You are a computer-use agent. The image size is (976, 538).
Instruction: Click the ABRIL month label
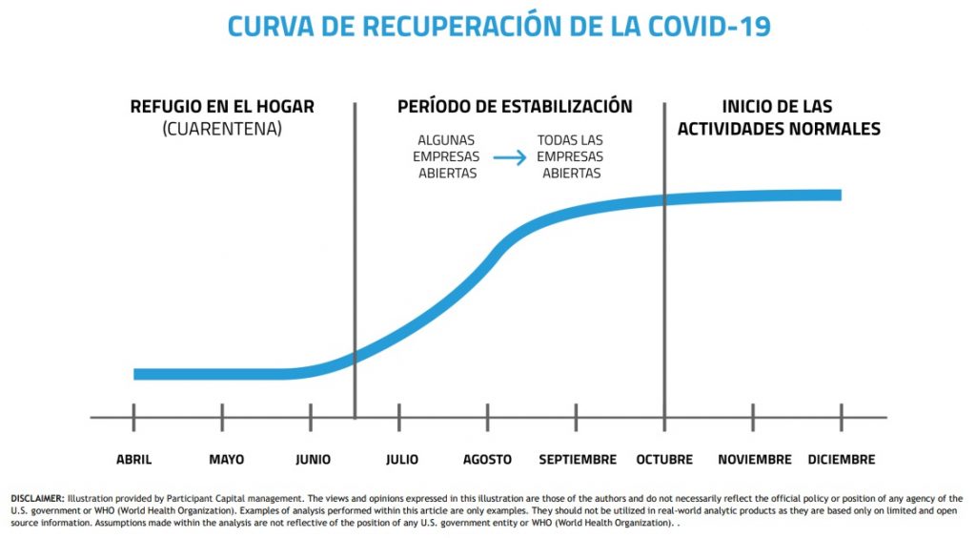[133, 460]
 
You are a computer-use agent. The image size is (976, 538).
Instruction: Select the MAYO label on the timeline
[226, 460]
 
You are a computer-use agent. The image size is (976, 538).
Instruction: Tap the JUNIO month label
[313, 460]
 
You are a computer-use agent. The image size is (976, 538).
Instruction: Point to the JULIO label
[402, 460]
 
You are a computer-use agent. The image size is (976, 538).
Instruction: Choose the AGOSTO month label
[487, 460]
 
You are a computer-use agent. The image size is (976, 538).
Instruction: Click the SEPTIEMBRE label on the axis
[578, 460]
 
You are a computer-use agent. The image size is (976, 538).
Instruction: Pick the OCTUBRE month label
[664, 460]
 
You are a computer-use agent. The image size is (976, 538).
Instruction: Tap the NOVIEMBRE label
[755, 460]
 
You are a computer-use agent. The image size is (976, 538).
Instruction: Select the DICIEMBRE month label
[841, 460]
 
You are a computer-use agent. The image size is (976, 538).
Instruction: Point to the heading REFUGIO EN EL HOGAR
[222, 106]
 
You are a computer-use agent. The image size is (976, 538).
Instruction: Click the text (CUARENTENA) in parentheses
[222, 128]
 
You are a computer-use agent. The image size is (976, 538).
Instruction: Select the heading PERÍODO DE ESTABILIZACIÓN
[515, 106]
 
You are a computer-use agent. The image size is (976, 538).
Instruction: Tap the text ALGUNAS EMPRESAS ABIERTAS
[447, 156]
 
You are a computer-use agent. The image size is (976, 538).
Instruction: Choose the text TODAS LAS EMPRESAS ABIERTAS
[571, 156]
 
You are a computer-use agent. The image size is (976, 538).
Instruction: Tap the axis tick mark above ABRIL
[133, 417]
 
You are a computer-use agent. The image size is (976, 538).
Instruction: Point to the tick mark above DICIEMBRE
[842, 417]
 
